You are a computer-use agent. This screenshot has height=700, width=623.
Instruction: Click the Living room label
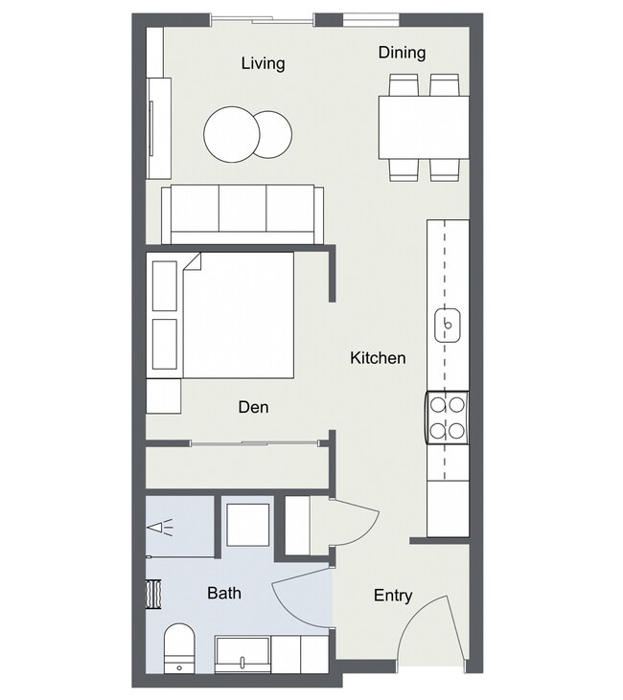click(264, 63)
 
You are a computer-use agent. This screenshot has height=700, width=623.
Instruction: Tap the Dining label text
click(402, 53)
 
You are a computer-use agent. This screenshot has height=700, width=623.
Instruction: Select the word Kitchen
click(378, 358)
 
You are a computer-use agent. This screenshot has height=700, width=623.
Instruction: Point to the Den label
click(253, 407)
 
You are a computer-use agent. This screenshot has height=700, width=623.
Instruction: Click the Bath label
click(224, 593)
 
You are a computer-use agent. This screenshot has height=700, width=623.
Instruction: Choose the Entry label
click(393, 596)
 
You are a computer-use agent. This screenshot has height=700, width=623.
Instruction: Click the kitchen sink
click(448, 326)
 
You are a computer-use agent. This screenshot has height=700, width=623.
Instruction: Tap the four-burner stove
click(447, 418)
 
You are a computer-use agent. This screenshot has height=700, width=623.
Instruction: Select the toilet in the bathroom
click(179, 648)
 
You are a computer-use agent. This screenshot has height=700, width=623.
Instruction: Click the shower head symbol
click(160, 528)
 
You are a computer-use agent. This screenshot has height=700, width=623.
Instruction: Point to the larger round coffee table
click(232, 134)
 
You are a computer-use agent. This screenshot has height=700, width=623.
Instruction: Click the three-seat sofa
click(242, 215)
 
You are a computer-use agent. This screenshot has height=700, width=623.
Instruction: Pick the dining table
click(424, 127)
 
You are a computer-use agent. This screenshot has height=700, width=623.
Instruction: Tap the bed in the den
click(238, 316)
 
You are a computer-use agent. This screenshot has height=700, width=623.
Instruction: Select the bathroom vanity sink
click(242, 655)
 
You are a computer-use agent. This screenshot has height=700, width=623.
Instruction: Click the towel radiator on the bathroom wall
click(153, 594)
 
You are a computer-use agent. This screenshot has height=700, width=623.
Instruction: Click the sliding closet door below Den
click(255, 443)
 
